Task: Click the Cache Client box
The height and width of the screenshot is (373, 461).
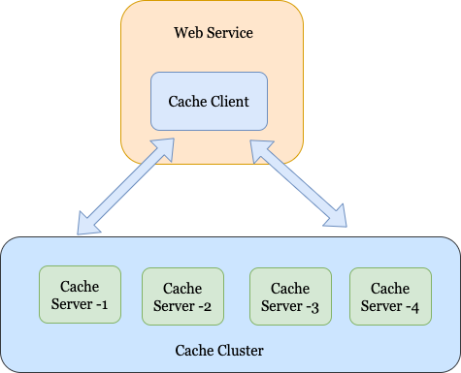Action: coord(209,101)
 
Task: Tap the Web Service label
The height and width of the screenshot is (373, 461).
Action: coord(213,33)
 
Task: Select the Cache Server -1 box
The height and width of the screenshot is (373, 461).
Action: coord(79,295)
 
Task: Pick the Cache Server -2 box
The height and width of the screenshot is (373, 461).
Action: coord(182,297)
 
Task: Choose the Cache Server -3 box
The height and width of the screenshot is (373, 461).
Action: coord(290,297)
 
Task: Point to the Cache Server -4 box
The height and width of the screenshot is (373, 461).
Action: coord(390,297)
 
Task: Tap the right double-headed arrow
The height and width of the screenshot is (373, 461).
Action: coord(298,185)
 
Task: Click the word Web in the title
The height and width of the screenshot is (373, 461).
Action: coord(187,33)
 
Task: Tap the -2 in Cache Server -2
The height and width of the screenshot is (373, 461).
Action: coord(205,307)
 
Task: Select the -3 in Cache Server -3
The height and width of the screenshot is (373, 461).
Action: coord(313,307)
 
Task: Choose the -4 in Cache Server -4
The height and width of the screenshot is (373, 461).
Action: coord(412,307)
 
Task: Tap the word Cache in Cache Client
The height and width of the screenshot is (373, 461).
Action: coord(185,101)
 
